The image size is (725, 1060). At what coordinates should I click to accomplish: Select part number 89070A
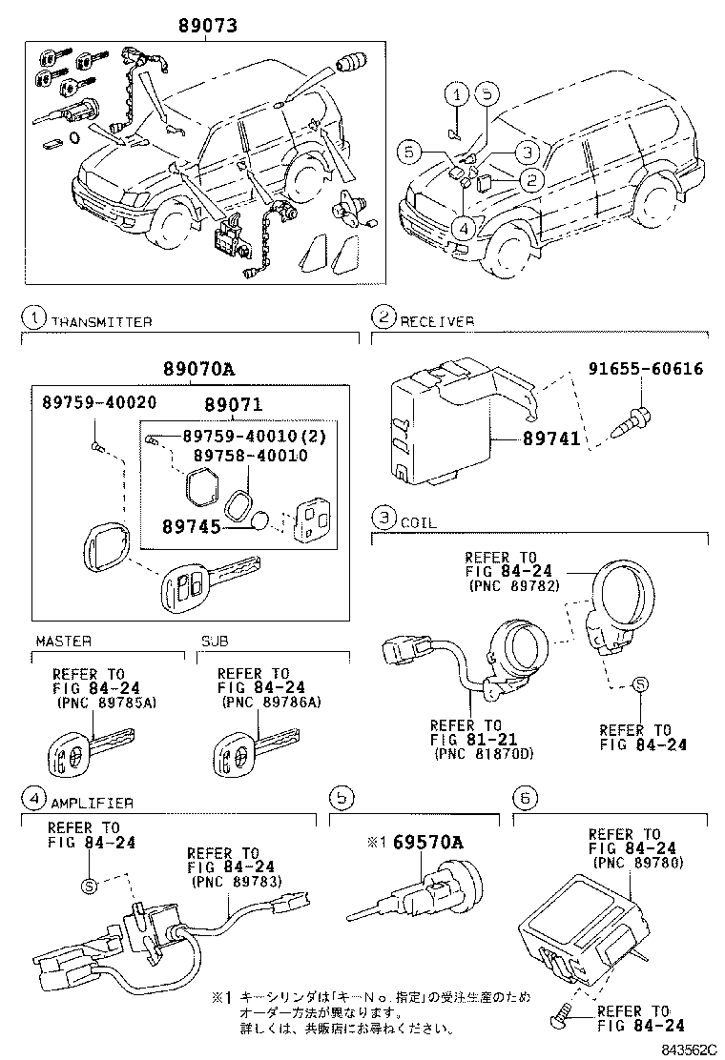(190, 372)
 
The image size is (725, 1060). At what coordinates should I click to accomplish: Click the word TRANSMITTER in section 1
(101, 322)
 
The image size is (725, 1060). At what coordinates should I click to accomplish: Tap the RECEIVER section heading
(436, 322)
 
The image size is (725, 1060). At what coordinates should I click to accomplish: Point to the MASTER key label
(64, 642)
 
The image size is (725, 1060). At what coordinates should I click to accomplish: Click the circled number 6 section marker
(521, 795)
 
